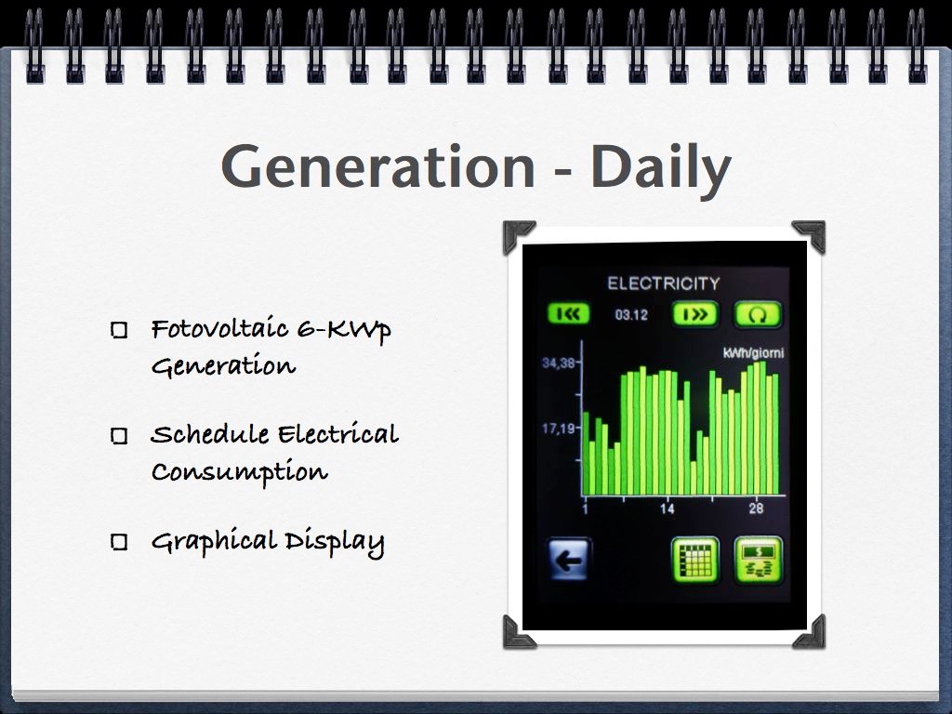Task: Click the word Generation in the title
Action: tap(377, 165)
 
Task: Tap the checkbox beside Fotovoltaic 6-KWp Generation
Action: tap(120, 330)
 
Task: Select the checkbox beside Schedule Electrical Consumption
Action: tap(120, 436)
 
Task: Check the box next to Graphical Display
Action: tap(120, 542)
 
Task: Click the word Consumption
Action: tap(240, 472)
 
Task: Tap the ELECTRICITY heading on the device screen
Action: tap(664, 284)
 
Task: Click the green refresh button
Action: tap(759, 314)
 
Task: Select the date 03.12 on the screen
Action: tap(631, 314)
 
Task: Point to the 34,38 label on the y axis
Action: tap(558, 364)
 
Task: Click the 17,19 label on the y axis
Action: tap(558, 429)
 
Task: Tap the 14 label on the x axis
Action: tap(667, 509)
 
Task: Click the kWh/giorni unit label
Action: tap(753, 352)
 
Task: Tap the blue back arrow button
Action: tap(568, 559)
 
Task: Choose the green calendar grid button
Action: tap(695, 559)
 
